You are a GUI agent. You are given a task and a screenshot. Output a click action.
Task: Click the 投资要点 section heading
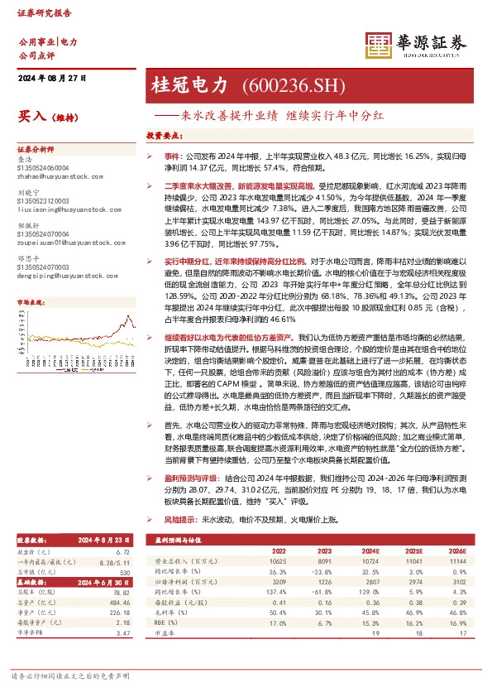164,134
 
